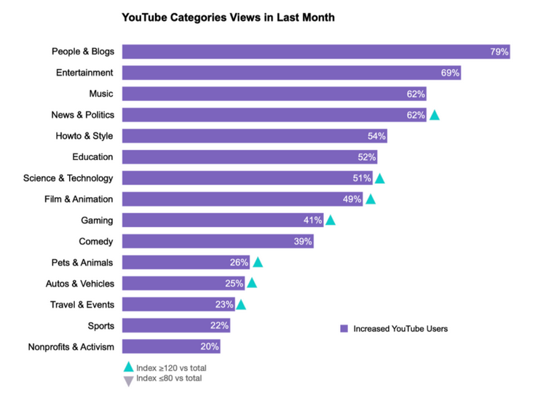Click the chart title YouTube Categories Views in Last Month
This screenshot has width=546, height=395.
pos(228,17)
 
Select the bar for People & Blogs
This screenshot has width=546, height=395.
pos(315,52)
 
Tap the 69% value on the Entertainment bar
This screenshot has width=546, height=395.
pos(450,73)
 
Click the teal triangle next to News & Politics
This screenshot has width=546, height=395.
pos(435,115)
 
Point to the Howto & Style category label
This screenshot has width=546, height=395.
pos(84,136)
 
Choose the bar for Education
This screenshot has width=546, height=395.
pos(250,157)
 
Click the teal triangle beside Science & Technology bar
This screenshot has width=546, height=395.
pos(379,178)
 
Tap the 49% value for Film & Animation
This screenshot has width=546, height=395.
pos(352,199)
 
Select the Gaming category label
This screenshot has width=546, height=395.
pos(97,220)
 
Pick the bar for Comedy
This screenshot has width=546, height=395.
pos(218,242)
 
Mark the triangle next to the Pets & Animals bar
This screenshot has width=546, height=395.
pos(257,263)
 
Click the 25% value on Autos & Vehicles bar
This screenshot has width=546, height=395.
pos(234,284)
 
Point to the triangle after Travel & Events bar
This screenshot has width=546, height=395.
pos(241,305)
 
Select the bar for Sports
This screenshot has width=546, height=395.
pos(175,326)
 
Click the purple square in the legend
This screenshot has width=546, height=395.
pos(344,329)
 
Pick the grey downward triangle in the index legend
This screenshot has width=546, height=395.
pos(129,380)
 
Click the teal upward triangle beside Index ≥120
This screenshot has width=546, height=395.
pos(129,368)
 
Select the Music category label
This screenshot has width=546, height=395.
pos(101,94)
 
